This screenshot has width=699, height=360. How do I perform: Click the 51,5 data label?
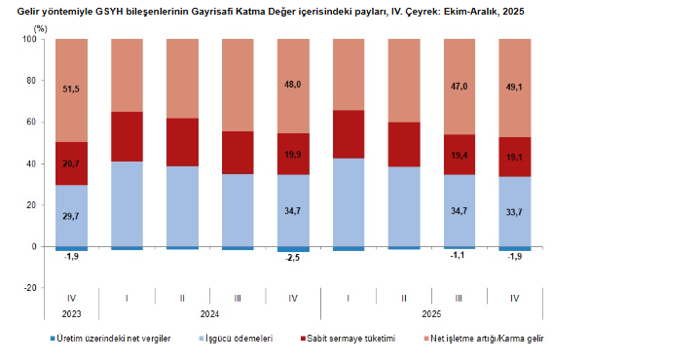coord(71,90)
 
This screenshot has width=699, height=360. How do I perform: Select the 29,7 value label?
coord(71,215)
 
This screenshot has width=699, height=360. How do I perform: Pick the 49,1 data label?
coord(514,87)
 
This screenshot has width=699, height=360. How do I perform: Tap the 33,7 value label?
coord(514,211)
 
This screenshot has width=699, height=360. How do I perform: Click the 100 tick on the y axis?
coord(29,39)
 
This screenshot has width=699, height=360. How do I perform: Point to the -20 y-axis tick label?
coord(29,288)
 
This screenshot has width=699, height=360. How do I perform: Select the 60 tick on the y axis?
coord(31,123)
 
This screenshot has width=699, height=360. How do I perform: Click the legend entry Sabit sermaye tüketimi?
coord(353,339)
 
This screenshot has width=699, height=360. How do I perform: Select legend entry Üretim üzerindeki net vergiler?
coord(114,339)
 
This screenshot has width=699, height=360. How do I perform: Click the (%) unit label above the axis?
coord(40,28)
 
